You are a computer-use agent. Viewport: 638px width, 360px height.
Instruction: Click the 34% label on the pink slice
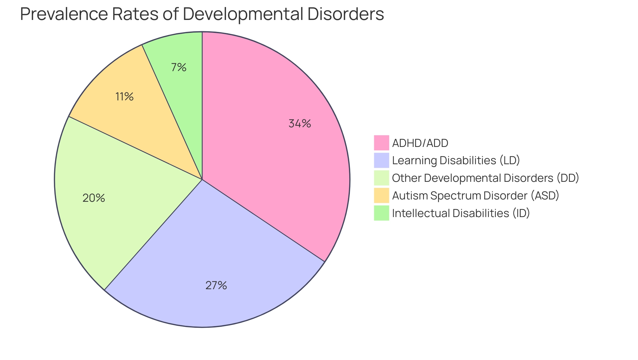tap(300, 124)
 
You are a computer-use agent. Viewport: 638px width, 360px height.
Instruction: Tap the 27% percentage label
tap(216, 286)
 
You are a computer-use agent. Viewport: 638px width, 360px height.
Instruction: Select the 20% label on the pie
tap(94, 198)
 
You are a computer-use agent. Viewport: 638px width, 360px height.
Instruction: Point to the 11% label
tap(124, 97)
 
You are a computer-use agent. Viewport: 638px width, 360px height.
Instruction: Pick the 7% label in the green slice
tap(179, 67)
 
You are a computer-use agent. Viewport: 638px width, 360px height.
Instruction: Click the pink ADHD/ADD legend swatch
tap(381, 143)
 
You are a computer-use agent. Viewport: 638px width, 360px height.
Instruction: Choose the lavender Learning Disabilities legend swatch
tap(381, 160)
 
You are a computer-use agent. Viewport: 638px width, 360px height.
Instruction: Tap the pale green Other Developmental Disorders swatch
tap(381, 178)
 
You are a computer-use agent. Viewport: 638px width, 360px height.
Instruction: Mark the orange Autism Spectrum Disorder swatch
tap(381, 195)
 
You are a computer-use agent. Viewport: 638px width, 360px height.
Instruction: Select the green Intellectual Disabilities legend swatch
tap(381, 213)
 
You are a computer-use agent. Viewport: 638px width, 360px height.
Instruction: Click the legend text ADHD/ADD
tap(420, 143)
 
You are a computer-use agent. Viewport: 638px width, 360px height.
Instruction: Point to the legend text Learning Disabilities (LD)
tap(456, 161)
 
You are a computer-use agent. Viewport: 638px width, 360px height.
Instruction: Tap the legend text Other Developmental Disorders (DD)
tap(485, 178)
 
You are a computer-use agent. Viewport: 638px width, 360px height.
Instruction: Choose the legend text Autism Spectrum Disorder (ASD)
tap(476, 196)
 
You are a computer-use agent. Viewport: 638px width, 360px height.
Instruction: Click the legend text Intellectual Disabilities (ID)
tap(461, 213)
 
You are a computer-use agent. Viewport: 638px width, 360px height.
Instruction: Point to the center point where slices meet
tap(202, 180)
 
